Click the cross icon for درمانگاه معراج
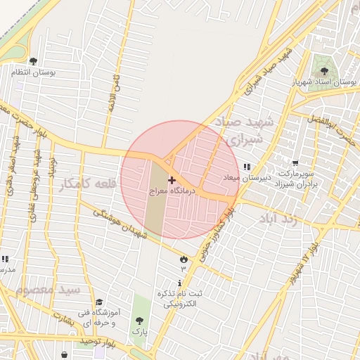coord(172,181)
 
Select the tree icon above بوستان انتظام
coord(33,62)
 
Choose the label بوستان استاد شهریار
coord(326,82)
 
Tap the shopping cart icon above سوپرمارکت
coord(294,163)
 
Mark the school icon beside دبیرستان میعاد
coord(246,167)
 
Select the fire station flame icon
coord(184,259)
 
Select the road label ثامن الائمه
coord(111,95)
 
